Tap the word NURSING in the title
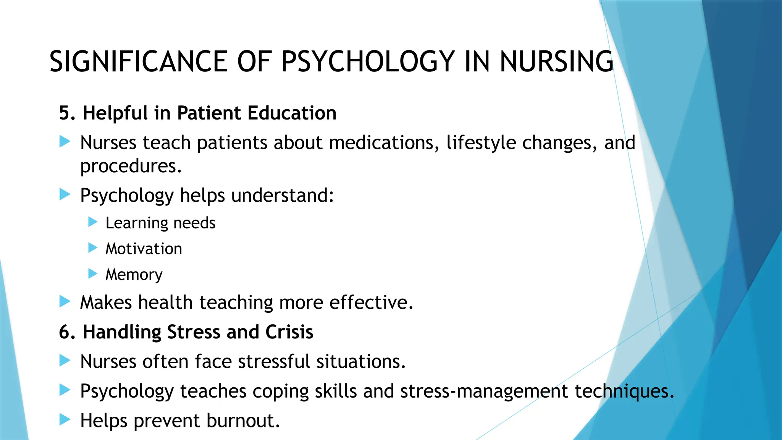(x=556, y=61)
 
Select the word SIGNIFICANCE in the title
(x=139, y=61)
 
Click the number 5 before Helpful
(x=65, y=113)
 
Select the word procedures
(x=131, y=166)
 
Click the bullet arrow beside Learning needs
(x=93, y=222)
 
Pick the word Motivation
(x=144, y=249)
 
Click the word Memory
(x=134, y=275)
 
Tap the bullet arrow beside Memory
(x=93, y=273)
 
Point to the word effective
(x=371, y=302)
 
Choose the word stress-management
(x=484, y=391)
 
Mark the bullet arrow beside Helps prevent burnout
(x=65, y=420)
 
